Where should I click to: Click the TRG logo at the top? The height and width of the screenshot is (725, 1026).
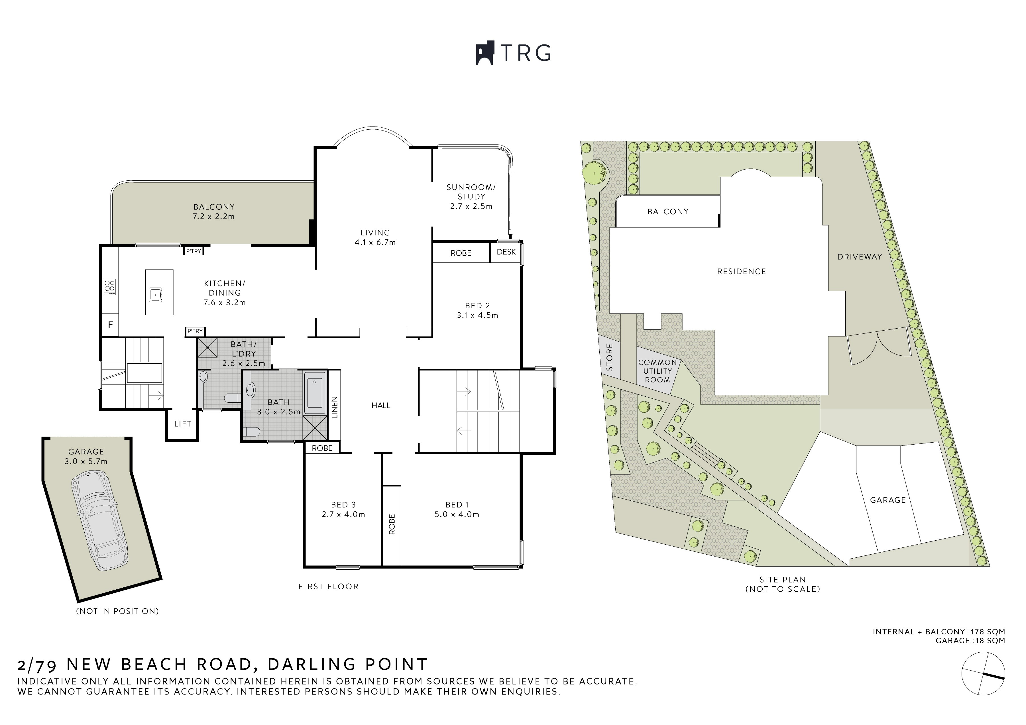click(513, 53)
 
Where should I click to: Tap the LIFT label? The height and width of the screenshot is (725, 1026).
click(183, 424)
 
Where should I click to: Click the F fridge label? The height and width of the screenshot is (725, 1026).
click(110, 325)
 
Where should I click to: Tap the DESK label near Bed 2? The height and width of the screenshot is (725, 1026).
click(506, 252)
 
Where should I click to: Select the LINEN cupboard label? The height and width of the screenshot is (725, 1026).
click(335, 408)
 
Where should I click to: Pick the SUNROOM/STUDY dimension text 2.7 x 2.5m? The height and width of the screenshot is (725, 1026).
click(471, 206)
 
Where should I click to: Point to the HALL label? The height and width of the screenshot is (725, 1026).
click(381, 406)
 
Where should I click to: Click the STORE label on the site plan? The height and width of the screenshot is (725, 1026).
click(610, 357)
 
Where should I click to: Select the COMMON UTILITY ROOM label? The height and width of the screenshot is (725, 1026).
click(657, 371)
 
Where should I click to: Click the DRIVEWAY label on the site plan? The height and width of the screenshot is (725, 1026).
click(860, 257)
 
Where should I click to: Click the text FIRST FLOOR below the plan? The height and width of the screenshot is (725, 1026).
click(328, 586)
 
